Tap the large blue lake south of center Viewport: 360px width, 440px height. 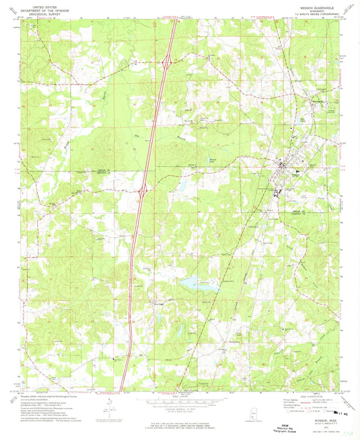192,281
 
